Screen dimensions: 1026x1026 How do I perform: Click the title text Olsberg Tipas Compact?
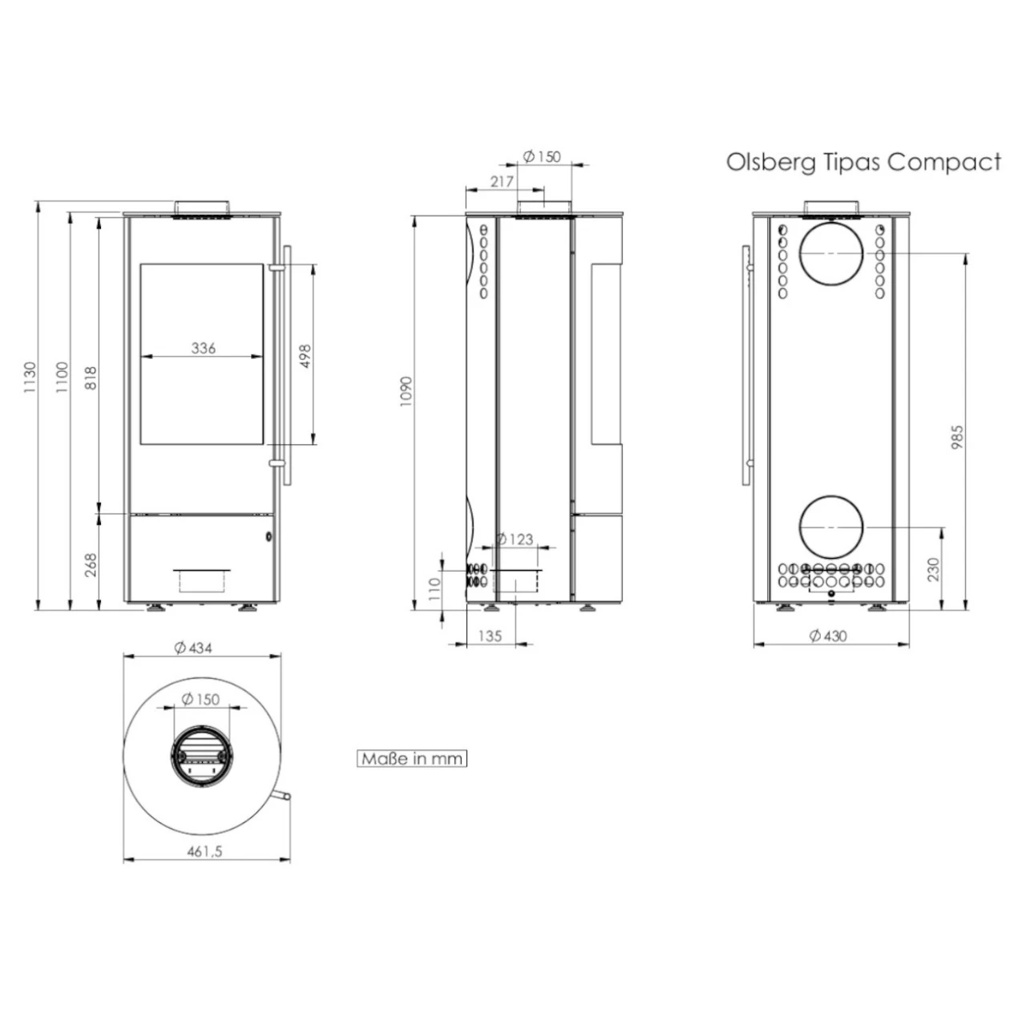(x=863, y=162)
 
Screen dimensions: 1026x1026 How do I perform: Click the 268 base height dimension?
(x=90, y=564)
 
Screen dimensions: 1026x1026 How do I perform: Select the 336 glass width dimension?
(x=204, y=348)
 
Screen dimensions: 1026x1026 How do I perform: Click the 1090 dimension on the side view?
(x=406, y=391)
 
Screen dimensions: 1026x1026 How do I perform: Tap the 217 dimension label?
(x=502, y=182)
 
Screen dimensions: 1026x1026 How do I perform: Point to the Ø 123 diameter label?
(x=514, y=539)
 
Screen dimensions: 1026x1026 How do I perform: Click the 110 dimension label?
(x=435, y=589)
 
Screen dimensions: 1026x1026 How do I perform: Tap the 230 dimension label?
(x=931, y=570)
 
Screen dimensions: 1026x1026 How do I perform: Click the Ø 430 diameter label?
(x=827, y=636)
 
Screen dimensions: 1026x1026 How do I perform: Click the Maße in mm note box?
(x=411, y=758)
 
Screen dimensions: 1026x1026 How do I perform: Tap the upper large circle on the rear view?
(x=832, y=252)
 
